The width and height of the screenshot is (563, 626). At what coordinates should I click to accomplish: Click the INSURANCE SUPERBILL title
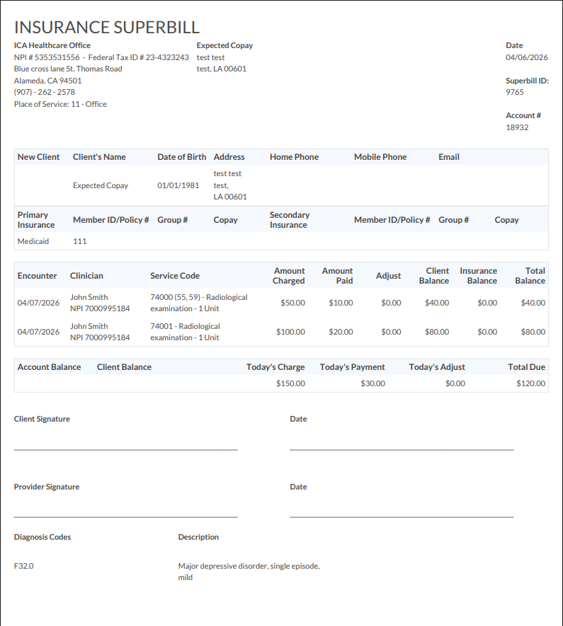(107, 28)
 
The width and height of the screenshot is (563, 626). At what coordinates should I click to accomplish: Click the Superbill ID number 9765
(515, 92)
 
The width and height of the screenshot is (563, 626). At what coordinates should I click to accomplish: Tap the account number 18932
(517, 127)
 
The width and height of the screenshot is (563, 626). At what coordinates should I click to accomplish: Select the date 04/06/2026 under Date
(527, 57)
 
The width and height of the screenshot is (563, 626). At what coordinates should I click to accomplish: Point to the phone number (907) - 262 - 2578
(45, 92)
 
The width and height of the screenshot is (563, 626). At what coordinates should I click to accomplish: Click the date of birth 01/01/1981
(178, 185)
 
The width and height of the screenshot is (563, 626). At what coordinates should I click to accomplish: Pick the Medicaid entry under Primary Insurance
(33, 241)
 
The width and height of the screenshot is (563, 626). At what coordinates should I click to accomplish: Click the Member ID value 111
(79, 241)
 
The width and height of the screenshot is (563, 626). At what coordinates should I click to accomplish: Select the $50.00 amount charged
(292, 303)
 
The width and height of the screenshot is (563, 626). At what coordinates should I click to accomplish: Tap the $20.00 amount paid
(341, 332)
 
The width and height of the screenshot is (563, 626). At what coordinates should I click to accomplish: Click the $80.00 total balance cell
(533, 332)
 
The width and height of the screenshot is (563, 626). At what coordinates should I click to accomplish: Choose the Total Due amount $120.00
(531, 383)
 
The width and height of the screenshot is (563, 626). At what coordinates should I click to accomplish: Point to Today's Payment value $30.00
(373, 383)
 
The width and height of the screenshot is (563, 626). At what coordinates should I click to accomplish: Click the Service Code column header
(175, 276)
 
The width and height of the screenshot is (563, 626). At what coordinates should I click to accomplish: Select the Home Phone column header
(294, 157)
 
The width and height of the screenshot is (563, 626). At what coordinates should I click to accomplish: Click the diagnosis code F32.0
(24, 566)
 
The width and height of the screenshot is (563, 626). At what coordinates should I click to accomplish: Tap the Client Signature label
(42, 419)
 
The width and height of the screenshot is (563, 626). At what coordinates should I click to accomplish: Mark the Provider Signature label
(47, 487)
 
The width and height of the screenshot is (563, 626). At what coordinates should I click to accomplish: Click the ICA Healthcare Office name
(52, 45)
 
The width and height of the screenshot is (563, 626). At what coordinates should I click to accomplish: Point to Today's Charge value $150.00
(290, 383)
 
